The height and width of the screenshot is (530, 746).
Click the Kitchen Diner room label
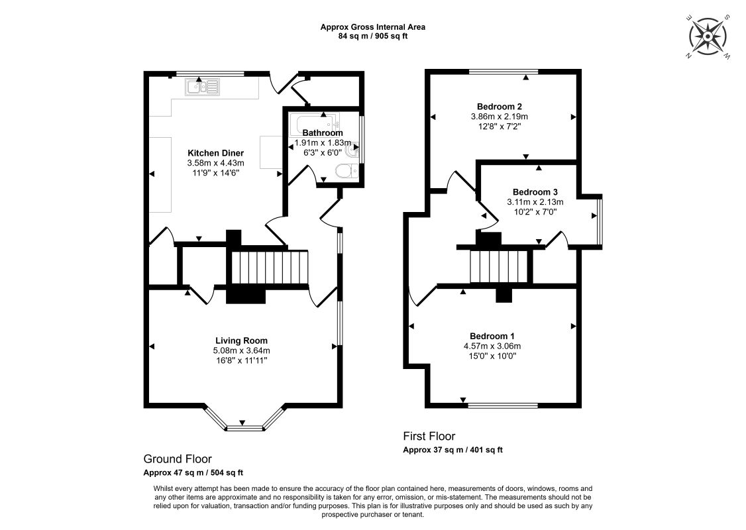(x=215, y=153)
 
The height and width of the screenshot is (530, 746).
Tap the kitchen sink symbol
(x=203, y=87)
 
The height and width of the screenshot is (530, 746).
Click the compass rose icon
(x=708, y=36)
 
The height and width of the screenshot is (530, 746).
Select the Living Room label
(x=241, y=341)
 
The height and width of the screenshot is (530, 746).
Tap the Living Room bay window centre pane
(x=244, y=428)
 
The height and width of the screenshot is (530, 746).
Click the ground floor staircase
(x=270, y=268)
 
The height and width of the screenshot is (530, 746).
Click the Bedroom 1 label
(x=492, y=336)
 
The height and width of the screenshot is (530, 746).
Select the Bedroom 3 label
(x=535, y=192)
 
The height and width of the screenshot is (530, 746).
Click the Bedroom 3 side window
(x=600, y=221)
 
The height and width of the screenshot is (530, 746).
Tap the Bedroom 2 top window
(x=504, y=72)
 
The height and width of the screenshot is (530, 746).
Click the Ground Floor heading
(x=178, y=459)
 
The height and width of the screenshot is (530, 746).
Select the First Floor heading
(x=429, y=437)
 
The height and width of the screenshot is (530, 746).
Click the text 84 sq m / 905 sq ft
(x=372, y=36)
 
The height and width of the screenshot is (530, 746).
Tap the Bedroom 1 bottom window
(x=504, y=405)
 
